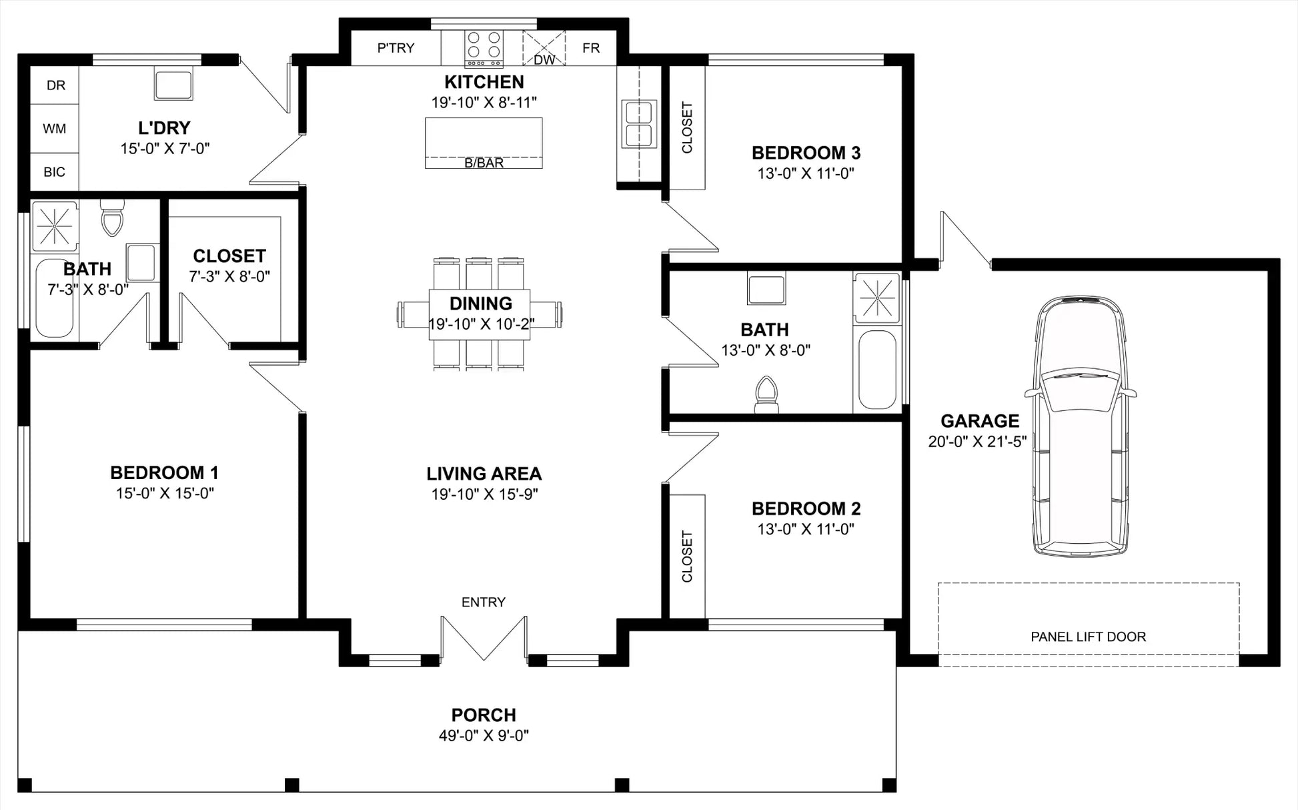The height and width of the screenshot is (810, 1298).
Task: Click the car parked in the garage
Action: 1081,426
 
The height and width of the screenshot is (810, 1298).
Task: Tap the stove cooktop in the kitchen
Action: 484,49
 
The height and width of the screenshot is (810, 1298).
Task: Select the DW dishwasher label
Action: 544,59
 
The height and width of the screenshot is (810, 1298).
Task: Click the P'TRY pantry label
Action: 396,48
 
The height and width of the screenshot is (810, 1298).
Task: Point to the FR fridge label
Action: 591,48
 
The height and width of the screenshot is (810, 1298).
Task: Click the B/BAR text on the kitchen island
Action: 484,163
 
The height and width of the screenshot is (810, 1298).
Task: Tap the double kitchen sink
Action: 639,123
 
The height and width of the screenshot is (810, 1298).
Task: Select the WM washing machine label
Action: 55,128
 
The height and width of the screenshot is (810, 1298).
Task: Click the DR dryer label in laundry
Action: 56,85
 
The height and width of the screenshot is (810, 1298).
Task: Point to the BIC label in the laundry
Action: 55,172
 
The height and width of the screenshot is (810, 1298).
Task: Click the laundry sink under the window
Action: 173,84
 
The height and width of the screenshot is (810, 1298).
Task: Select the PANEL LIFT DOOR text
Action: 1089,637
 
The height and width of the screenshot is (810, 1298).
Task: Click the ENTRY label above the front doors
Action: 484,602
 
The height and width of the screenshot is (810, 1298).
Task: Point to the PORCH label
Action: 484,715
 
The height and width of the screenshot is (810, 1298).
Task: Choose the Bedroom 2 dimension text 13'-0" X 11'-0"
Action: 806,529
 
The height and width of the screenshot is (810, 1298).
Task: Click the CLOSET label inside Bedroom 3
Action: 687,127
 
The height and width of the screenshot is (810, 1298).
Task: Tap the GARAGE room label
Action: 980,421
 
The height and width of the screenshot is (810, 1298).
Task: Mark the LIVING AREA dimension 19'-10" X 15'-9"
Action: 484,494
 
